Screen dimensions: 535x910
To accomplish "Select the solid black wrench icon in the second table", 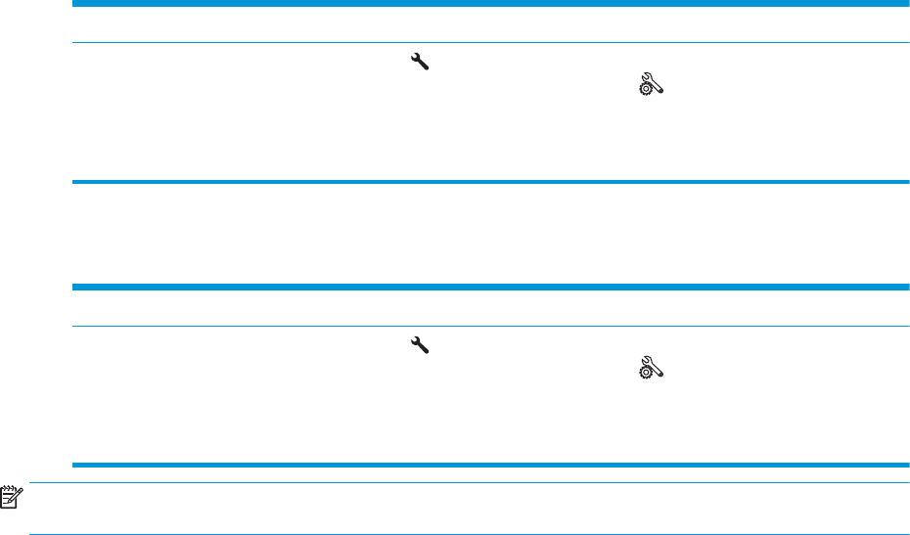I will point(420,344).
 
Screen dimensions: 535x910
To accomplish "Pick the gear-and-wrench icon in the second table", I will point(651,368).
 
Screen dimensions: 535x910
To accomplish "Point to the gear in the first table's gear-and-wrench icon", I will point(646,89).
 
